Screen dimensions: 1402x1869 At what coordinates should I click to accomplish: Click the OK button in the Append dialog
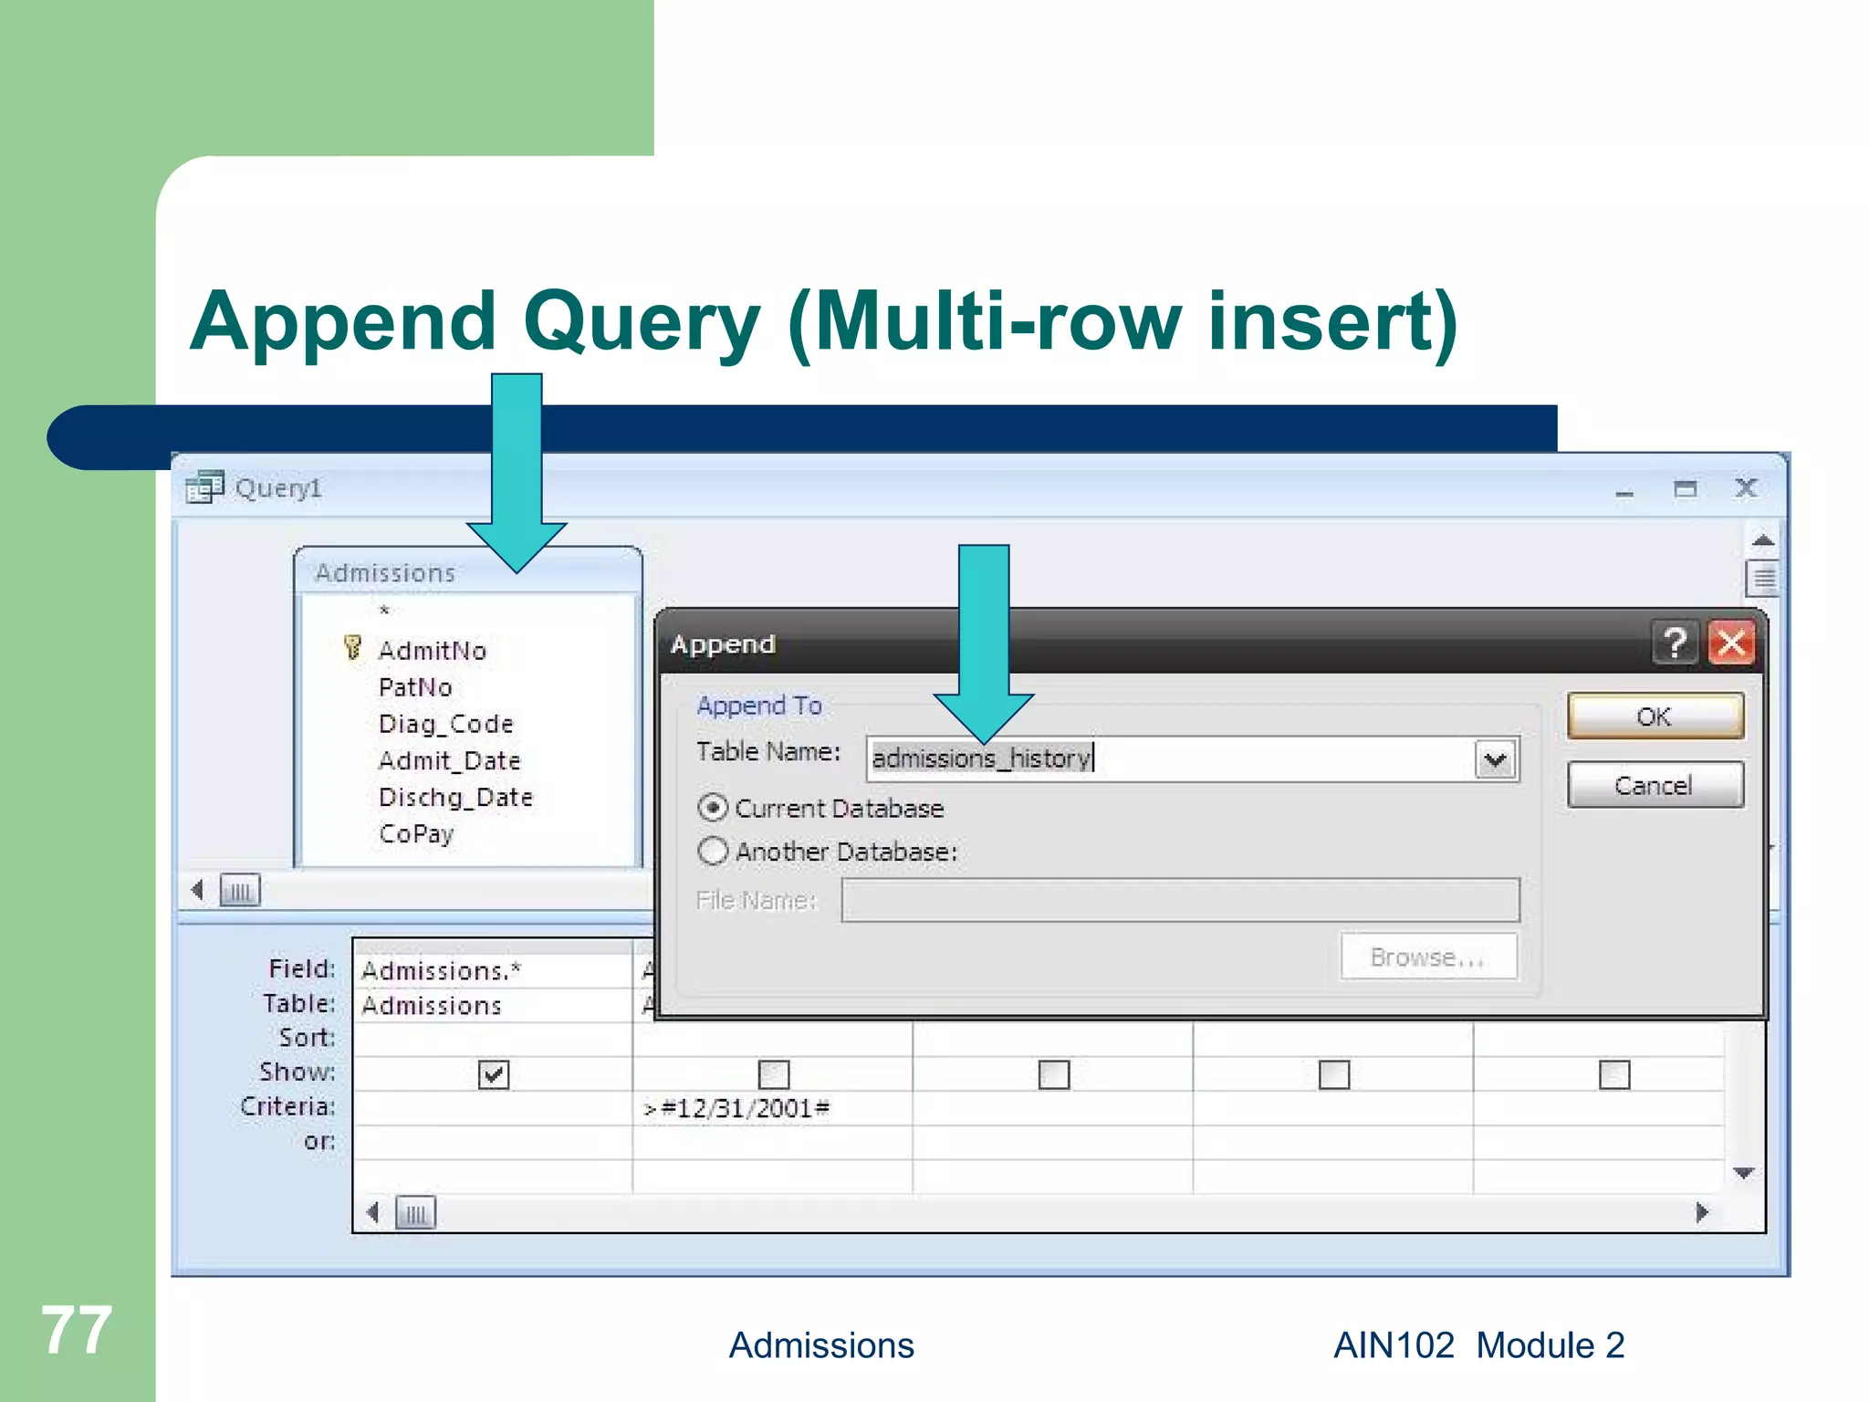tap(1655, 717)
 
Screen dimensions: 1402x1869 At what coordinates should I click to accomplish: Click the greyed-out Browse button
tap(1428, 957)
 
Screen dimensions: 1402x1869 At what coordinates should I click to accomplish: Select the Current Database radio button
tap(713, 809)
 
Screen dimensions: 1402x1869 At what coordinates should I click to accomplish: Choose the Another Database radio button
tap(713, 852)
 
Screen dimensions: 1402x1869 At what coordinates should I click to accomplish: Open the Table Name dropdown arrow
tap(1495, 759)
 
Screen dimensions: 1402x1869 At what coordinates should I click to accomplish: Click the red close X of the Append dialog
tap(1731, 643)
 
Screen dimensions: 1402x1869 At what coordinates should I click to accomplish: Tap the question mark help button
tap(1676, 643)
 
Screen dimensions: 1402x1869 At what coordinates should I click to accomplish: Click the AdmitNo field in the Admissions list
tap(432, 651)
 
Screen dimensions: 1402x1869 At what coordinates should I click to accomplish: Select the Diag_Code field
tap(445, 724)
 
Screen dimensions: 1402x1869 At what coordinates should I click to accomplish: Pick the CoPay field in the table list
tap(416, 833)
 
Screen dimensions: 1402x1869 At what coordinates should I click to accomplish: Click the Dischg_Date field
tap(455, 797)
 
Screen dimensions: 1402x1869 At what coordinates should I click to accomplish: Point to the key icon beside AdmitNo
tap(352, 648)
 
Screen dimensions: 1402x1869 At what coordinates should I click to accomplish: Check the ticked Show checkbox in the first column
tap(493, 1074)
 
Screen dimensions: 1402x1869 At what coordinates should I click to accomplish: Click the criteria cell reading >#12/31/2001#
tap(736, 1108)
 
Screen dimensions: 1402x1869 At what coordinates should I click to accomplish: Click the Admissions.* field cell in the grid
tap(441, 970)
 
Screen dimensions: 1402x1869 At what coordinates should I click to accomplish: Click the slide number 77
tap(77, 1330)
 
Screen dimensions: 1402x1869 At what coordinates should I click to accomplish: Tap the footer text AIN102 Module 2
tap(1478, 1345)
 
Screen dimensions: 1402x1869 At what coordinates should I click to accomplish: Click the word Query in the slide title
tap(642, 322)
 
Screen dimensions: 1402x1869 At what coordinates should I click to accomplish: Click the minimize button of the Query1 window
tap(1624, 490)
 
